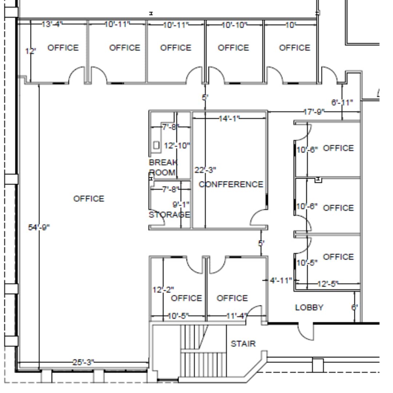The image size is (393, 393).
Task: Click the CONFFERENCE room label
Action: [231, 184]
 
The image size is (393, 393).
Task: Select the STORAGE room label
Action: [169, 215]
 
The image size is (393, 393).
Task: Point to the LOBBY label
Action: [309, 307]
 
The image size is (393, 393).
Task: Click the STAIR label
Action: [243, 344]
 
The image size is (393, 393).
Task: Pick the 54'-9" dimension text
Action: [39, 227]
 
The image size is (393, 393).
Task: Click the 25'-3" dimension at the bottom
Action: [83, 362]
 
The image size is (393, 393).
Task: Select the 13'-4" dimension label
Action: [52, 24]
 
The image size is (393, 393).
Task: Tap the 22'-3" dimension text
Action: [205, 170]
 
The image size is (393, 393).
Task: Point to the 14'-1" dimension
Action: [229, 118]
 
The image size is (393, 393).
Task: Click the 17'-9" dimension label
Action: [314, 112]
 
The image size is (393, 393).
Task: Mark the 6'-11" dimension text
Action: [342, 103]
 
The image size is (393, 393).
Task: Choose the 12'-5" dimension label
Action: [328, 283]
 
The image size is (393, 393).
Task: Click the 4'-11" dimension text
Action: [281, 280]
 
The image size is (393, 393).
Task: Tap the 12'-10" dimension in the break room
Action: [177, 146]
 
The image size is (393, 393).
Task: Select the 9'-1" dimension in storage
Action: [181, 205]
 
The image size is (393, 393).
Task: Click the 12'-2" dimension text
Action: [163, 290]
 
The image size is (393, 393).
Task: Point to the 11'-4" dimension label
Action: [236, 316]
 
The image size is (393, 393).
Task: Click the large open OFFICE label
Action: [89, 199]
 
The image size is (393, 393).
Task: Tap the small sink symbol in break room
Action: [156, 145]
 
